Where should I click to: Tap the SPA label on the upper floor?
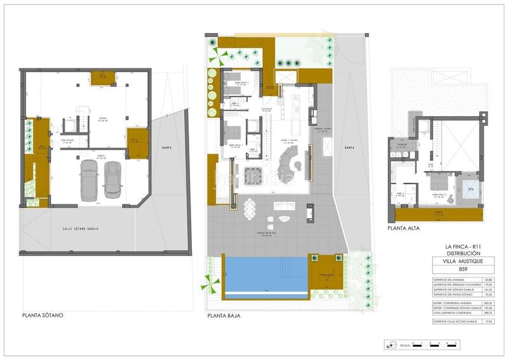pos(469,189)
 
